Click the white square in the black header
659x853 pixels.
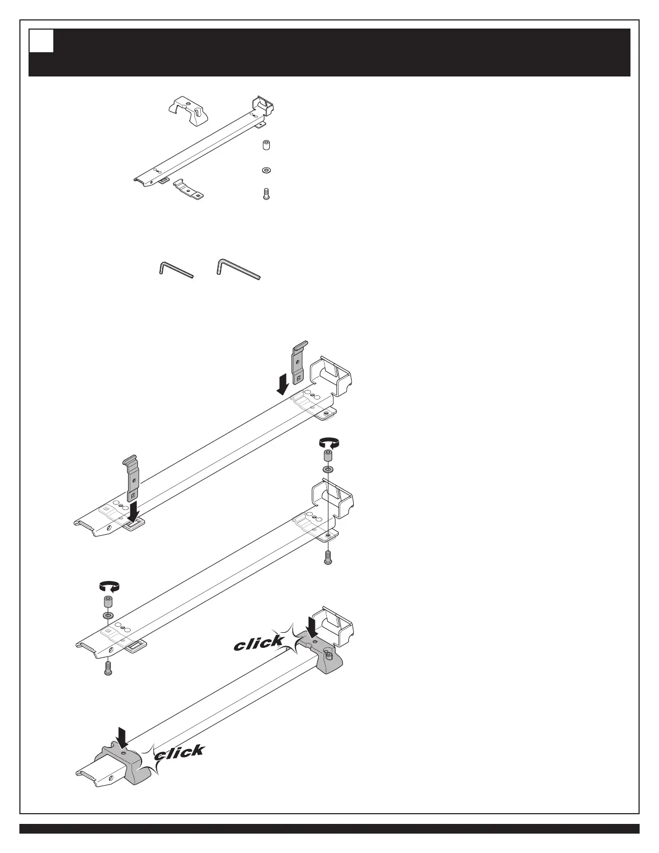tap(41, 41)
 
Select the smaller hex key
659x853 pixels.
tap(176, 269)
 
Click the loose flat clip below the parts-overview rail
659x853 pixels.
tap(189, 190)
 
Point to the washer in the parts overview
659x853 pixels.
tap(265, 170)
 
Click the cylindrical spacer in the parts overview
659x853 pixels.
tap(265, 146)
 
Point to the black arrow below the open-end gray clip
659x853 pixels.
tap(132, 509)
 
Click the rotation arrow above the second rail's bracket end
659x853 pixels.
tap(328, 443)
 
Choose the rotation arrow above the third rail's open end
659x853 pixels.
tap(108, 586)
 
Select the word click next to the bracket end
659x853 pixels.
tap(260, 642)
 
